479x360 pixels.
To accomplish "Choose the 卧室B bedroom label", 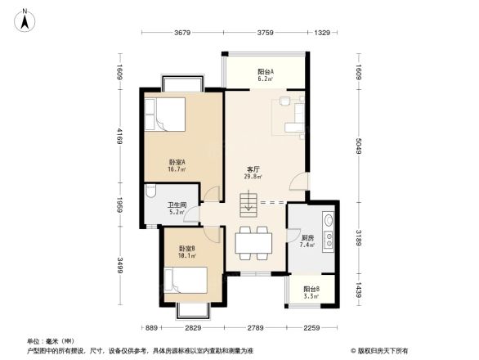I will click(186, 250).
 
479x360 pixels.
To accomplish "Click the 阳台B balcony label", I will click(311, 291).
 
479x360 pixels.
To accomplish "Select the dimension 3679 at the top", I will click(182, 34).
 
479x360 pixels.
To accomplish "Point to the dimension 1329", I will click(323, 34).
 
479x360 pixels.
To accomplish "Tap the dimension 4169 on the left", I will click(119, 136).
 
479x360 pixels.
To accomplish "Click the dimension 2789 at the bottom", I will click(255, 329).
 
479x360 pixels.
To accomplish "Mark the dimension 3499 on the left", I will click(119, 265).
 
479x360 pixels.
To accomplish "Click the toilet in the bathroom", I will click(152, 193).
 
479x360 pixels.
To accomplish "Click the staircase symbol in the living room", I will click(248, 201).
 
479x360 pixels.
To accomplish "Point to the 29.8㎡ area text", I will click(253, 178).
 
